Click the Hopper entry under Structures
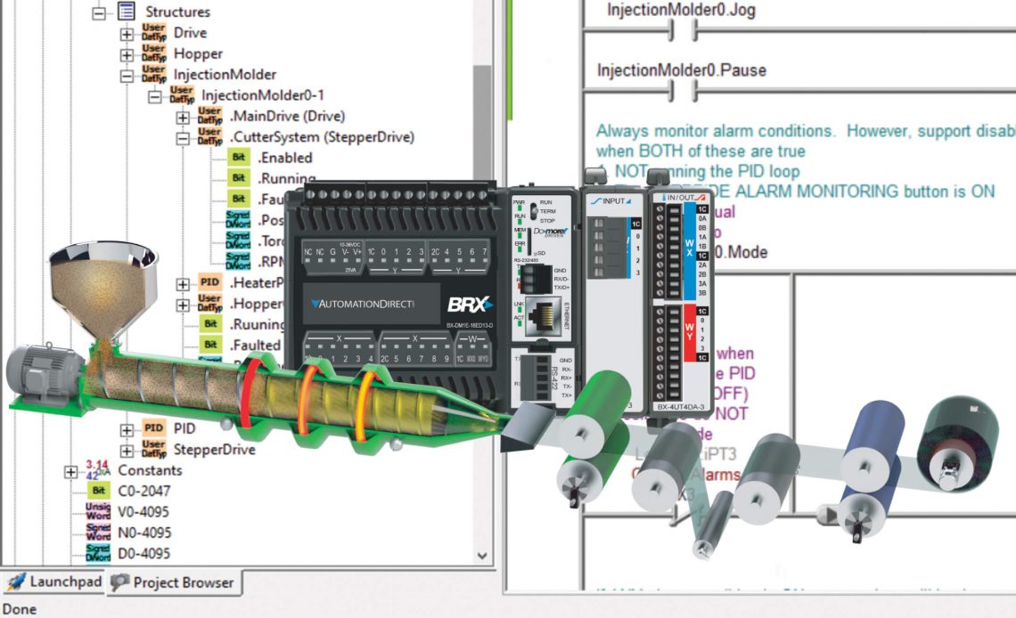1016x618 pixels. coord(197,53)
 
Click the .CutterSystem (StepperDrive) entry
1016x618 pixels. coord(322,137)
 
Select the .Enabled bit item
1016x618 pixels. coord(284,158)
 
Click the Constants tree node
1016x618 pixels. coord(150,470)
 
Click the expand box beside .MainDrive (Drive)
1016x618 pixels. coord(183,117)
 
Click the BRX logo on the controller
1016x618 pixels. coord(469,304)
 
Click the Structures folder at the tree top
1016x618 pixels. coord(177,12)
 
